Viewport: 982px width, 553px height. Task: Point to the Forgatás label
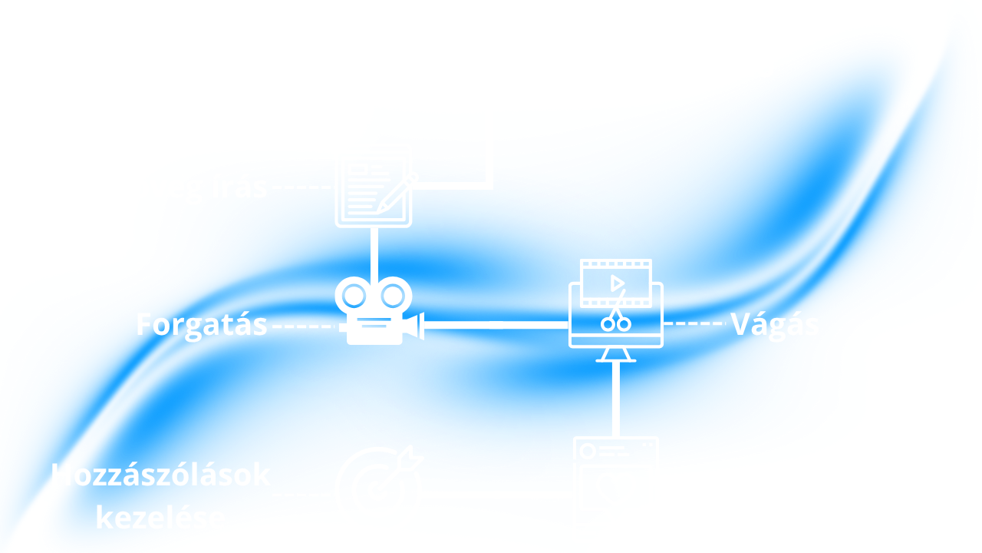(x=202, y=325)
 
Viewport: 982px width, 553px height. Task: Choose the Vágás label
(x=774, y=325)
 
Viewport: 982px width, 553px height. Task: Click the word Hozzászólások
(x=161, y=475)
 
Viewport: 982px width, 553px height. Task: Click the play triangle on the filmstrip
(x=616, y=283)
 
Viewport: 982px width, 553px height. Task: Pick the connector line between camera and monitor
(x=496, y=325)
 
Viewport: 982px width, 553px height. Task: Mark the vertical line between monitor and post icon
(x=615, y=399)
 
